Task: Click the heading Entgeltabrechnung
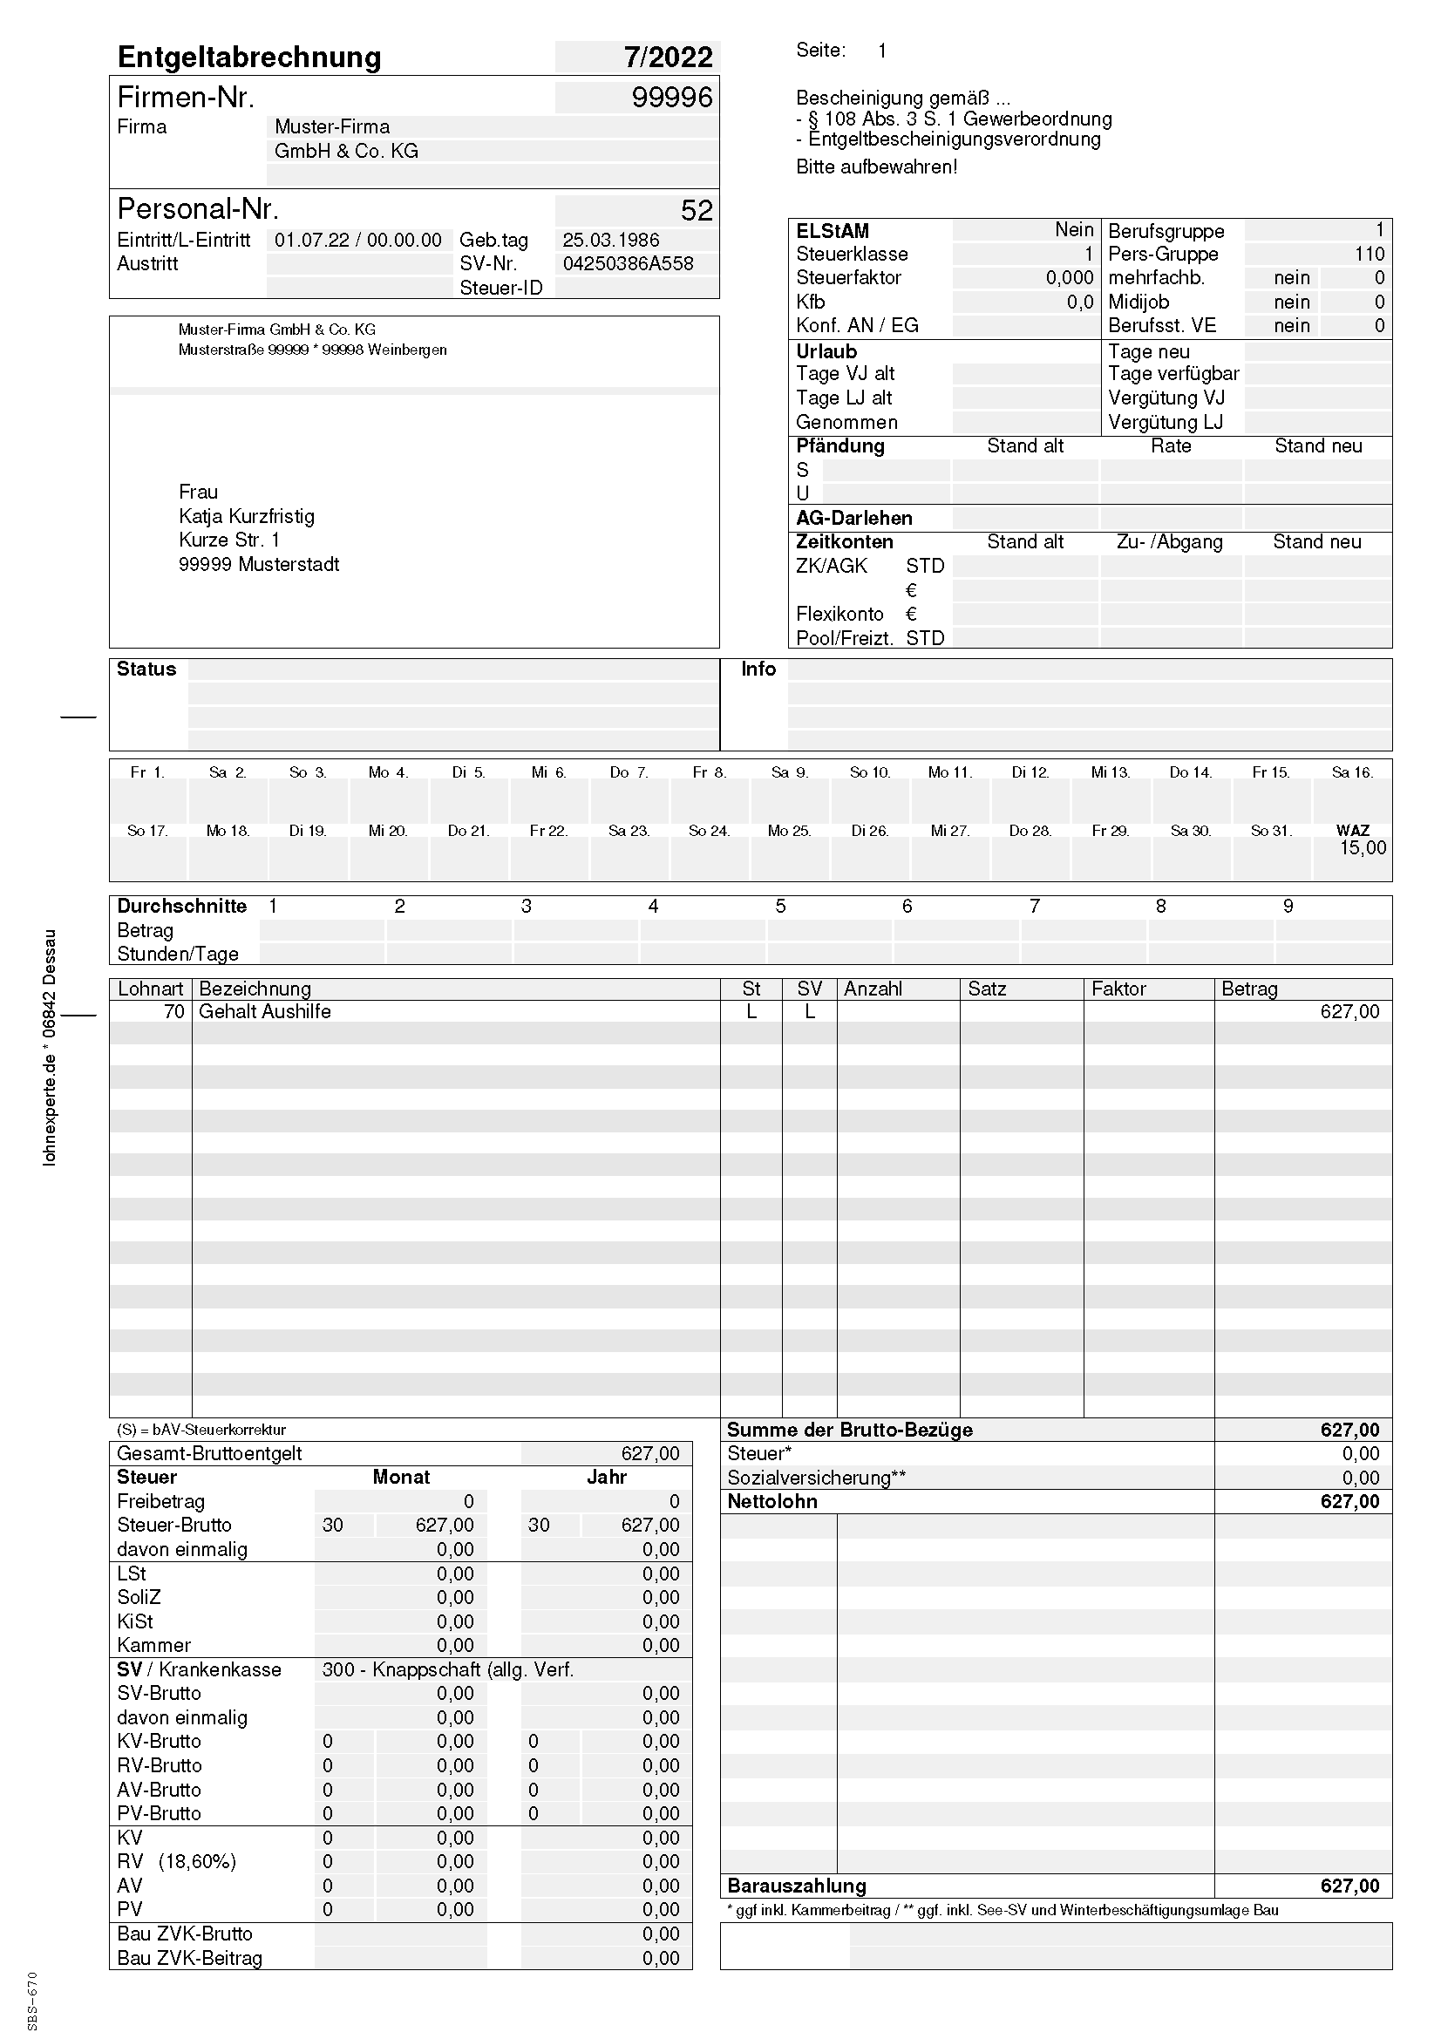click(x=249, y=57)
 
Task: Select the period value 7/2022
click(x=668, y=57)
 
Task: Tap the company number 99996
click(x=671, y=97)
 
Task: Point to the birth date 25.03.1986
click(x=611, y=240)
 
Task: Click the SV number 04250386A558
click(x=628, y=264)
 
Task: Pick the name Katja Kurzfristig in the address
click(x=246, y=516)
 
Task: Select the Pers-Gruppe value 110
click(x=1370, y=254)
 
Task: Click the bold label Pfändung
click(x=839, y=445)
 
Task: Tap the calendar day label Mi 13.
click(x=1110, y=772)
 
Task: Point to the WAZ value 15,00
click(x=1362, y=848)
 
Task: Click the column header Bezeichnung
click(x=255, y=989)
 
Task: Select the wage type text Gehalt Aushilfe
click(x=265, y=1011)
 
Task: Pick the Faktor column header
click(x=1118, y=989)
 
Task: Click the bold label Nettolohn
click(x=771, y=1502)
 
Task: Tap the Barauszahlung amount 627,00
click(x=1349, y=1886)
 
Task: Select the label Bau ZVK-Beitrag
click(x=189, y=1958)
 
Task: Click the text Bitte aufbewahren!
click(x=876, y=167)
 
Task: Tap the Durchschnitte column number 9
click(x=1288, y=906)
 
